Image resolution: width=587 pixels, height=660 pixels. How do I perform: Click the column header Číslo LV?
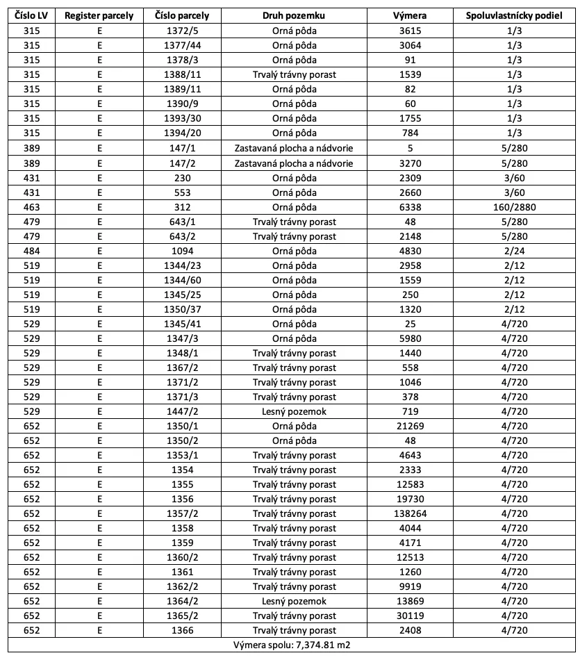coord(32,15)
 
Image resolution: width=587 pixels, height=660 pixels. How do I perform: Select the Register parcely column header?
coord(99,15)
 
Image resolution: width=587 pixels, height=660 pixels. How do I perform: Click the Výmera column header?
coord(411,15)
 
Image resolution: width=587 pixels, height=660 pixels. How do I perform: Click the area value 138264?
coord(411,514)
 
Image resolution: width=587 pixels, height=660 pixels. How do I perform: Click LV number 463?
coord(32,207)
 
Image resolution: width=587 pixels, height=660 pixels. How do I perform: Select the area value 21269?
coord(411,426)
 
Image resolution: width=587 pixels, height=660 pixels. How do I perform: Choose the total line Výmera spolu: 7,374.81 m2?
coord(294,645)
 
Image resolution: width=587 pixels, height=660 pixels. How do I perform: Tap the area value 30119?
coord(411,616)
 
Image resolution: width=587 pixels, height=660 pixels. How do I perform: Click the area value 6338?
coord(411,207)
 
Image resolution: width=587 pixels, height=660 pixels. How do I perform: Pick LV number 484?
coord(32,251)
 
